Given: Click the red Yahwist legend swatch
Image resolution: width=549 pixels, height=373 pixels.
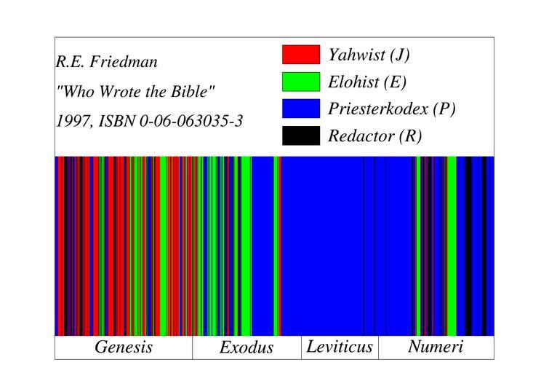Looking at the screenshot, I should (x=300, y=55).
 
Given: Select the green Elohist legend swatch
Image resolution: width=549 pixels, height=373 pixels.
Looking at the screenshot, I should (x=300, y=82).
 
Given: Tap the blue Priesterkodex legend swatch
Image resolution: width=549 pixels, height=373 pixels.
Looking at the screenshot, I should (x=300, y=109).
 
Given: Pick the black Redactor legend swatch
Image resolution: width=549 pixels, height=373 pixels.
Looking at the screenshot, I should (x=300, y=136).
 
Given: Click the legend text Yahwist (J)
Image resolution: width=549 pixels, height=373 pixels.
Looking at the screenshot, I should (x=369, y=55).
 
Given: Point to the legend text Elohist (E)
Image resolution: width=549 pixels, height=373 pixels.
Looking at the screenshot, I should (x=366, y=82).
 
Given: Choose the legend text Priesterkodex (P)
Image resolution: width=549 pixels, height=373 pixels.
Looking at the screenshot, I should (x=391, y=109).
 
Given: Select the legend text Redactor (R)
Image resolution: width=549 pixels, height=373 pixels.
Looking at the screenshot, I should (x=374, y=136).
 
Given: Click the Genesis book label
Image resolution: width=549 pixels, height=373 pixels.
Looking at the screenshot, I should (x=124, y=348).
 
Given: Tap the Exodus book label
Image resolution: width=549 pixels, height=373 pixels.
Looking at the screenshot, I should (x=247, y=348).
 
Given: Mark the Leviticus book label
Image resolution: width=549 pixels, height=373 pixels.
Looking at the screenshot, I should (x=340, y=347).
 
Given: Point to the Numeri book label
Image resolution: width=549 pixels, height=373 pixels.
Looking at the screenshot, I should (x=436, y=347).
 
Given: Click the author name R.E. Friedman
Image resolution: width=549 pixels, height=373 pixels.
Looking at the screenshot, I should (x=106, y=62).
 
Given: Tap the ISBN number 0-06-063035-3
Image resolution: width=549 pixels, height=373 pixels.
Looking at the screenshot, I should (x=191, y=121).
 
